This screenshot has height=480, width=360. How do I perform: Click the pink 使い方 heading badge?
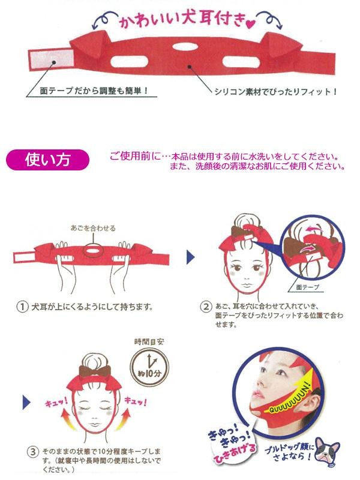coord(47,160)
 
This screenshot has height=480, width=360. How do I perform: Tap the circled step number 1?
coord(22,307)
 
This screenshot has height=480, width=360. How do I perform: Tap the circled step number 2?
coord(206,307)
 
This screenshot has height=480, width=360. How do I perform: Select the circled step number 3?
coord(33,452)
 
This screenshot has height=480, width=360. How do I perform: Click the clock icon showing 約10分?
coord(149,366)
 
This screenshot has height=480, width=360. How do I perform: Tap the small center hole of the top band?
coord(183,47)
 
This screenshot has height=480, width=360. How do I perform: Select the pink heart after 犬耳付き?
coord(250,24)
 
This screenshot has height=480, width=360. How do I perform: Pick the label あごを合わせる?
coord(93,228)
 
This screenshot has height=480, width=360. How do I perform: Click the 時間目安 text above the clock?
coord(149,341)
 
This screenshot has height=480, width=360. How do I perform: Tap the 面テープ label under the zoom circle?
coord(308,287)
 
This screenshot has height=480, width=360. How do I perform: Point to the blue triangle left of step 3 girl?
coord(27,402)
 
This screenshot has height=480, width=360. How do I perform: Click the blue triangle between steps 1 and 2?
coord(191,257)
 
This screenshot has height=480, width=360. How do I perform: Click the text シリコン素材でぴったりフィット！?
coord(275,92)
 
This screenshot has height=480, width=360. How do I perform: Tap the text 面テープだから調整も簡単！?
coord(94,91)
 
